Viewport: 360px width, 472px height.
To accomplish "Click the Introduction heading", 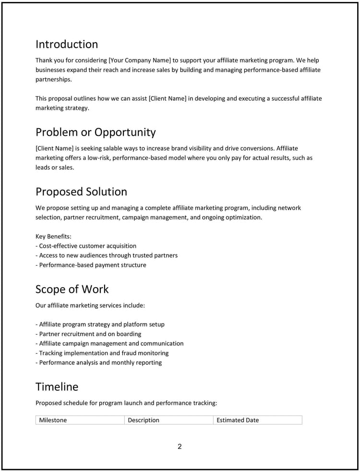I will (67, 44).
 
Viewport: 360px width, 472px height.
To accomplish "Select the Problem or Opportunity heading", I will (96, 132).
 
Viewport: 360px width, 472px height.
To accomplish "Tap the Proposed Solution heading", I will (81, 192).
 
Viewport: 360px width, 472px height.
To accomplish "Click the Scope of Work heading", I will (72, 289).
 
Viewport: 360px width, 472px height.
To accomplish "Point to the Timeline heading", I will (57, 387).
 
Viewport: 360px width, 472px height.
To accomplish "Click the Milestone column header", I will (53, 420).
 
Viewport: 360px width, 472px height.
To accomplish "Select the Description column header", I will (144, 420).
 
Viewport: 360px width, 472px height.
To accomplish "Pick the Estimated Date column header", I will (238, 420).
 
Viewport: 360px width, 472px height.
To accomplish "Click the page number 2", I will (180, 447).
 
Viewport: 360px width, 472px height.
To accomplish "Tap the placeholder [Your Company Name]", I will (140, 61).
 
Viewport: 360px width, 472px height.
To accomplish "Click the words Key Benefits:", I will (53, 236).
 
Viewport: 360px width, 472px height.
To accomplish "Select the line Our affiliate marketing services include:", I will (90, 305).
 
